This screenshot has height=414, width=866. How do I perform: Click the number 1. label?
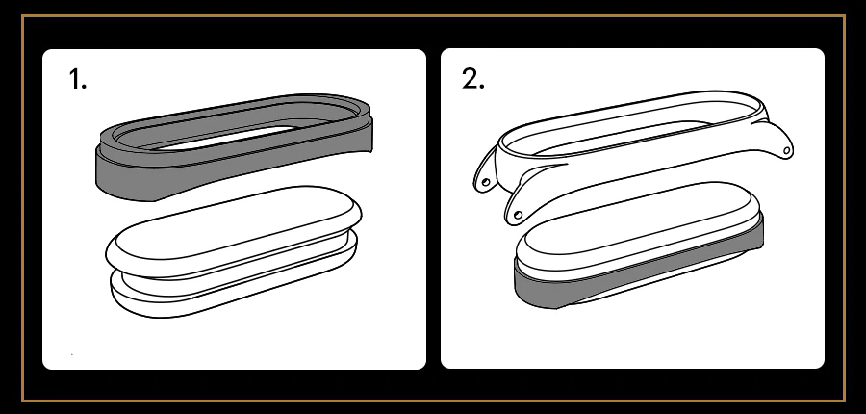coord(78,79)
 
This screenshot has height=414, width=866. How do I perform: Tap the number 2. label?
coord(472,79)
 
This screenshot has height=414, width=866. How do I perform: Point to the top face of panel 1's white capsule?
coord(232,224)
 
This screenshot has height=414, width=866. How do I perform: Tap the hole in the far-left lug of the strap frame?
coord(486,181)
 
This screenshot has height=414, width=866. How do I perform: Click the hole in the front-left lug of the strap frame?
coord(518,215)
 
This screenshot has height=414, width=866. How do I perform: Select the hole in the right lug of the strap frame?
coord(786,150)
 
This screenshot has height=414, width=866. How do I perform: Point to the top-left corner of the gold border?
coord(21,15)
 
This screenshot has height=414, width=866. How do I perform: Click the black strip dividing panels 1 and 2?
coord(434,209)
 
